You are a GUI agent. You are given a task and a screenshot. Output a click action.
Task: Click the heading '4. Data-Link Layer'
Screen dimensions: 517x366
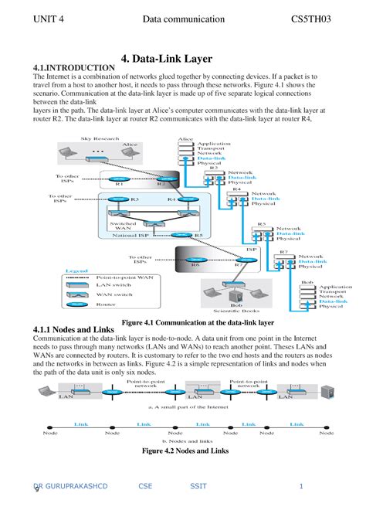click(182, 59)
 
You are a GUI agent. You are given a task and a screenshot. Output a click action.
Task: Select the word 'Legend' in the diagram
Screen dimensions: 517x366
click(76, 270)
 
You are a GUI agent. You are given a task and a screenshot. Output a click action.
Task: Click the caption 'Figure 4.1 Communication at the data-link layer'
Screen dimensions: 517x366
click(193, 321)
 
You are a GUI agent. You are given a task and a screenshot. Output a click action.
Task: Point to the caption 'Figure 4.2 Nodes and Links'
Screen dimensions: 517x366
click(184, 450)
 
